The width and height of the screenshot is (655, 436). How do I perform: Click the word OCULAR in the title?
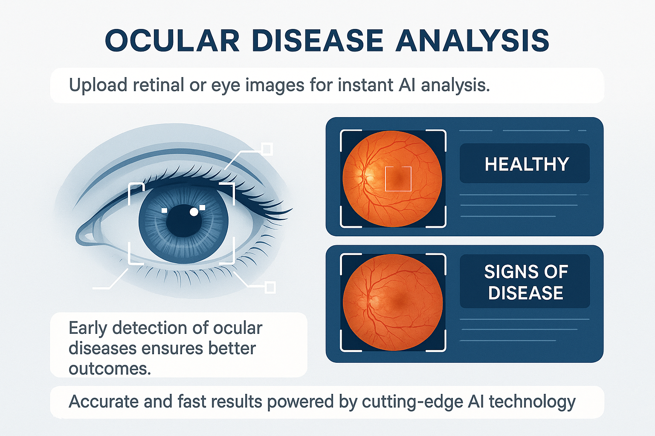pyautogui.click(x=173, y=40)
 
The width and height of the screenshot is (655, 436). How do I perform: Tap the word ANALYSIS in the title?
pyautogui.click(x=472, y=40)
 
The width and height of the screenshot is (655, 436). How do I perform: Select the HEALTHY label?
pyautogui.click(x=527, y=164)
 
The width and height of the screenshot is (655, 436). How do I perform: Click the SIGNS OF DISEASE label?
pyautogui.click(x=526, y=282)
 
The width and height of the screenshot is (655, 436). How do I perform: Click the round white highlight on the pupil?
pyautogui.click(x=194, y=212)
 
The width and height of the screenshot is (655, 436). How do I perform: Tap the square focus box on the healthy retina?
pyautogui.click(x=398, y=179)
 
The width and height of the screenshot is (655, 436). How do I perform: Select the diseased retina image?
pyautogui.click(x=392, y=302)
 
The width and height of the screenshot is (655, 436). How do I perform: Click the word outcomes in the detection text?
pyautogui.click(x=110, y=369)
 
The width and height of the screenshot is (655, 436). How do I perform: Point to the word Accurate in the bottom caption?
pyautogui.click(x=103, y=402)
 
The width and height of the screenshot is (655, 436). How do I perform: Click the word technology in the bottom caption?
pyautogui.click(x=532, y=402)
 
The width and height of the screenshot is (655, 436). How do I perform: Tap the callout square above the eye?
pyautogui.click(x=267, y=149)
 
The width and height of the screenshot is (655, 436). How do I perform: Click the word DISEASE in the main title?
pyautogui.click(x=317, y=40)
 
